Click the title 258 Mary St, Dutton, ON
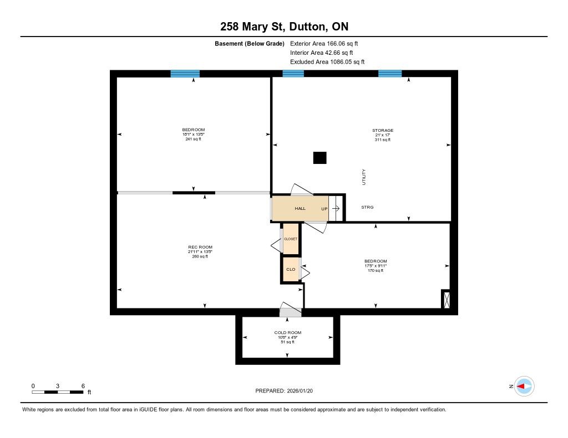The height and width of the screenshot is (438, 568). pos(285,27)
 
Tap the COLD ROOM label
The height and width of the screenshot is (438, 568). pos(288,333)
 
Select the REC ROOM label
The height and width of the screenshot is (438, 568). pos(200,248)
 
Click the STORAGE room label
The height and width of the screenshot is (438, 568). pos(383,131)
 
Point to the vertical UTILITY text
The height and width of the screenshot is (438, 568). pos(364,177)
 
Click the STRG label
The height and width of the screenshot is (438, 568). pos(367,207)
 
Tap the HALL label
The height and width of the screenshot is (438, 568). pos(300,209)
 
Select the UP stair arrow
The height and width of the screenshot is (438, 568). pos(336,209)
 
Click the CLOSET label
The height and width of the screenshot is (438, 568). pos(291,239)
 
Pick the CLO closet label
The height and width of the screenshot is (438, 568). pos(291,270)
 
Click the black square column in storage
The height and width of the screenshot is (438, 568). pos(320,158)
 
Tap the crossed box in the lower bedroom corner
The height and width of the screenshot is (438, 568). pos(447,300)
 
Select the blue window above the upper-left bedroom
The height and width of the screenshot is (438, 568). pos(185,74)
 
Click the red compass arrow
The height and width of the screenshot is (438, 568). pos(520,387)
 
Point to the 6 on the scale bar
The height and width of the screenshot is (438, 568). pos(83,386)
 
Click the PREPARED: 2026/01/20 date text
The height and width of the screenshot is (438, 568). pos(284,391)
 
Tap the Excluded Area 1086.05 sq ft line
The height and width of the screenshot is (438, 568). pos(327,62)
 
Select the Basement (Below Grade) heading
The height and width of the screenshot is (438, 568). pos(250,44)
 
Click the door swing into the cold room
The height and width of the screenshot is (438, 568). pos(290,309)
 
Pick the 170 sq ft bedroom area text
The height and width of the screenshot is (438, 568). pos(376,271)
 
